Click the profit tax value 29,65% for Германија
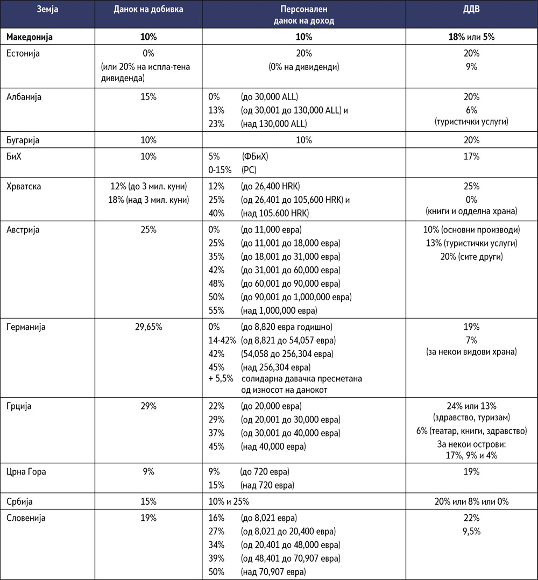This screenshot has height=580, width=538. coord(148,327)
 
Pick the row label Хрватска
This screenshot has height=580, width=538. coord(25,186)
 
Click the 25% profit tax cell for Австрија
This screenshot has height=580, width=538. coord(148,230)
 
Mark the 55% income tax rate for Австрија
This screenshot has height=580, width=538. coord(216,310)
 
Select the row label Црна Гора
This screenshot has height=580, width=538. coord(26,471)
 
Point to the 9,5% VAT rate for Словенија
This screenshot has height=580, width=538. coord(471,532)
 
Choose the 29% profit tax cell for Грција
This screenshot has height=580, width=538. coord(148,406)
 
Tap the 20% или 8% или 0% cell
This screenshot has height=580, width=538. coord(471,501)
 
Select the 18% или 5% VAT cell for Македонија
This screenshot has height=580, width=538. coord(471,37)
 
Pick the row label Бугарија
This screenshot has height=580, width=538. coord(24,140)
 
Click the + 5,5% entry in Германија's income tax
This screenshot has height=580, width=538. coord(221,378)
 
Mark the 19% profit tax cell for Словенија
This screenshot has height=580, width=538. coord(148,518)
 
